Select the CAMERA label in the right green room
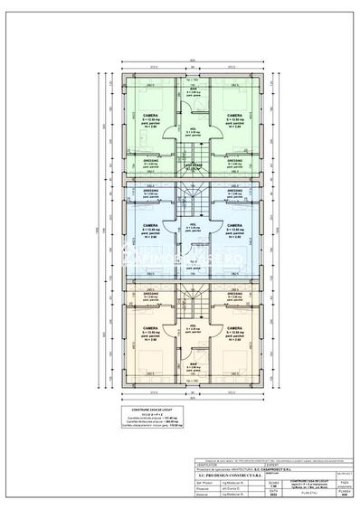pyautogui.click(x=234, y=116)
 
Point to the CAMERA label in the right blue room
pyautogui.click(x=234, y=225)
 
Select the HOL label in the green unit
pyautogui.click(x=193, y=129)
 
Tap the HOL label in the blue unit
pyautogui.click(x=193, y=224)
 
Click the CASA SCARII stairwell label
pyautogui.click(x=193, y=165)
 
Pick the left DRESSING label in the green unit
pyautogui.click(x=149, y=160)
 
